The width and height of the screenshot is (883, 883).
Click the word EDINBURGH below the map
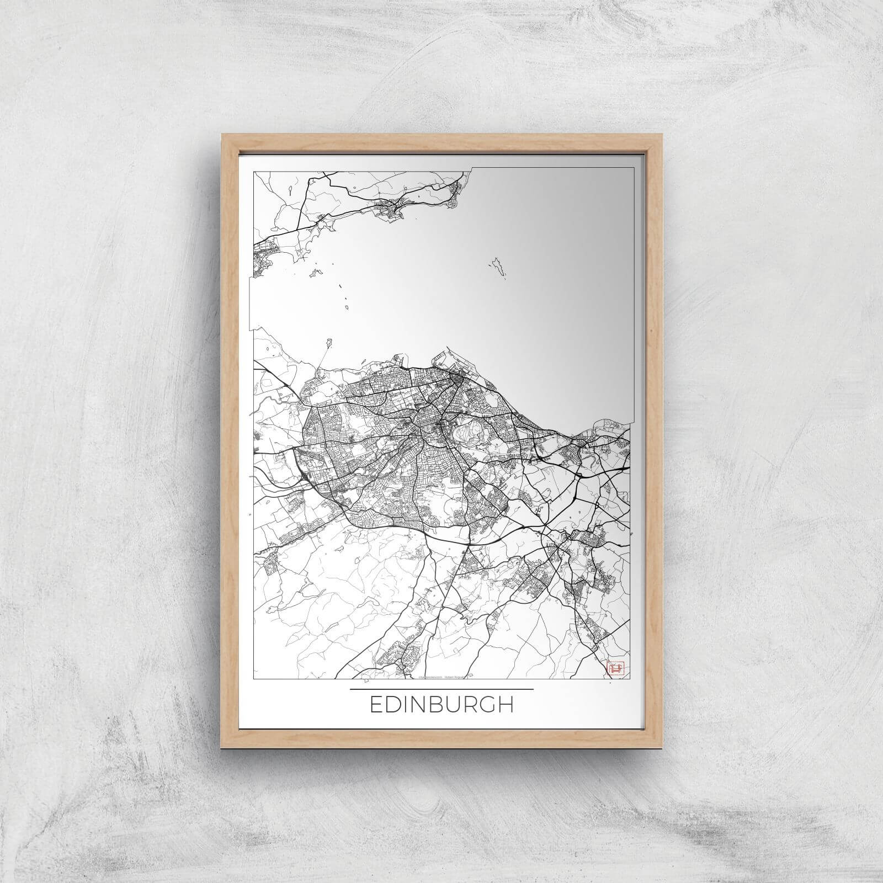pos(441,704)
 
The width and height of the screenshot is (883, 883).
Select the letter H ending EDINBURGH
pos(505,704)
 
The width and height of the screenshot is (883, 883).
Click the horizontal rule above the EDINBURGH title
pos(441,689)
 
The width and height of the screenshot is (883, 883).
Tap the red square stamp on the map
pos(613,668)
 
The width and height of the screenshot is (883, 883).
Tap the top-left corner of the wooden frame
pos(222,134)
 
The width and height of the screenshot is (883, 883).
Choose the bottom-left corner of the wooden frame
pos(222,748)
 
